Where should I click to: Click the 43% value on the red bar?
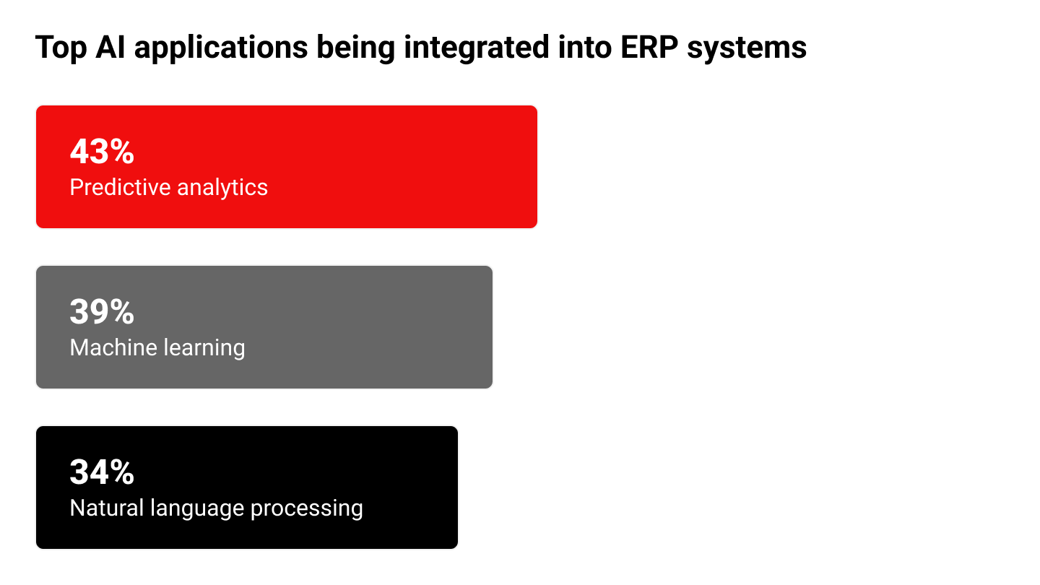(102, 152)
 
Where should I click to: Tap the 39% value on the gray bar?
(102, 311)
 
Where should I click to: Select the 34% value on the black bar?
(102, 472)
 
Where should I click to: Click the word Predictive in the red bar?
(120, 187)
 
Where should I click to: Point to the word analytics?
(222, 188)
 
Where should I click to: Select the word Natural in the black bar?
(107, 508)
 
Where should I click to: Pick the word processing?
(307, 509)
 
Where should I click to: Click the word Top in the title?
(61, 48)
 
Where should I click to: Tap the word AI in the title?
(110, 46)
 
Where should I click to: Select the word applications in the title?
(221, 48)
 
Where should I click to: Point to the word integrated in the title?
(477, 48)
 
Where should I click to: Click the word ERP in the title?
(649, 46)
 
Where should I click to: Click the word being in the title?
(355, 48)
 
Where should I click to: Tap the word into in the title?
(585, 46)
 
